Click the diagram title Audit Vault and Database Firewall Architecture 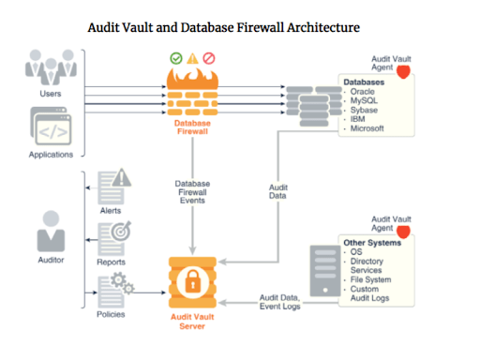coord(222,29)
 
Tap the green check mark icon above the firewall coord(175,58)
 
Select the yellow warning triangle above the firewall coord(191,58)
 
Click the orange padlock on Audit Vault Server coord(191,279)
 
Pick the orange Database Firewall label coord(191,127)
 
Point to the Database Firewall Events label coord(191,192)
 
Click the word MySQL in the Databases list coord(367,100)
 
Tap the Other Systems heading coord(374,242)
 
